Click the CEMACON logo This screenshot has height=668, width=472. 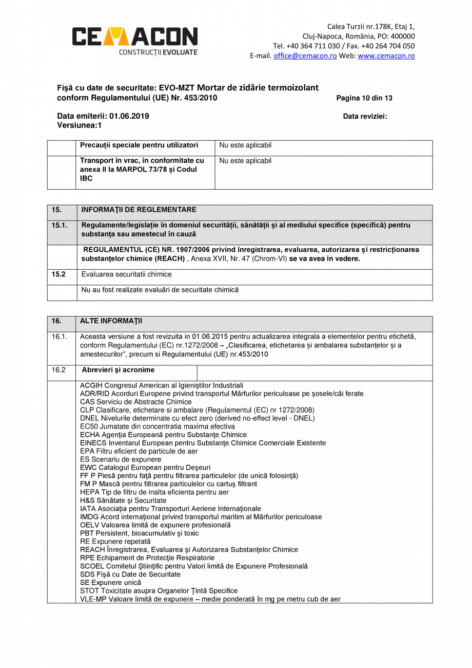point(134,41)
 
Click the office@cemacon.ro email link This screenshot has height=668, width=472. point(305,56)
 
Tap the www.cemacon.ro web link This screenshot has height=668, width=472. point(386,56)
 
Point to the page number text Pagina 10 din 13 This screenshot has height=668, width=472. point(364,98)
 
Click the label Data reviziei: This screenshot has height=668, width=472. point(365,116)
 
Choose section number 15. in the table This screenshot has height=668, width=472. point(56,210)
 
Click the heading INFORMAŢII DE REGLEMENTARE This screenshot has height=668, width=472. point(139,210)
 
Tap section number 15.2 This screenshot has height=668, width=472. point(58,274)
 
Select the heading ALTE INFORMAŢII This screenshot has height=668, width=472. point(111,321)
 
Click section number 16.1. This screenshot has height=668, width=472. point(60,337)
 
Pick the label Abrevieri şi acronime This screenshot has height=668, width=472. point(119,370)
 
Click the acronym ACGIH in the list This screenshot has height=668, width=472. point(91,385)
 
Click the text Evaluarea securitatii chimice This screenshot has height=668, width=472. point(127,274)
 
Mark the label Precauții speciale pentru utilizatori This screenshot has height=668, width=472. point(139,145)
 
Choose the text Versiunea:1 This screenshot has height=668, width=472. point(80,125)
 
